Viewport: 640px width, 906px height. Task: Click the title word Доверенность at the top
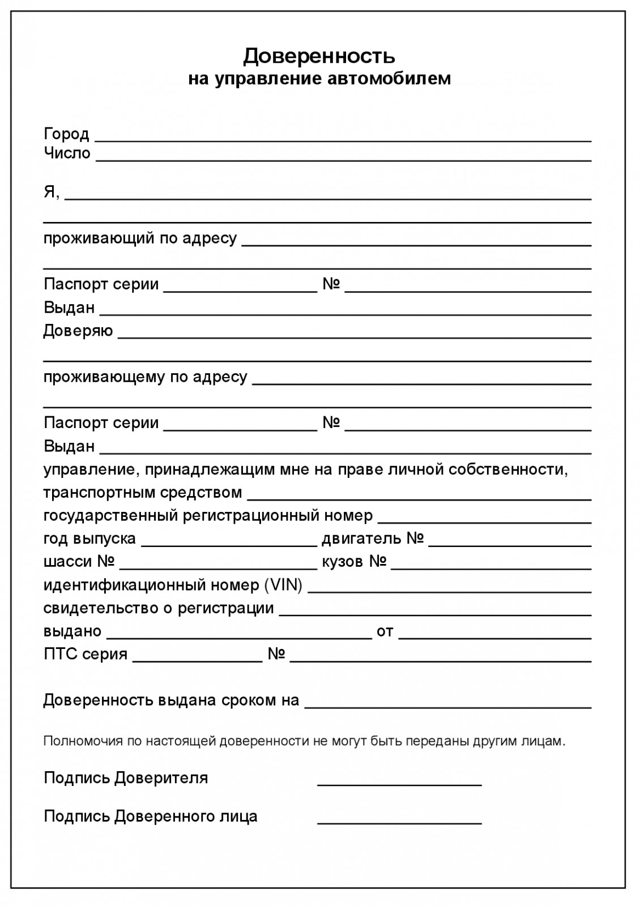[x=319, y=56]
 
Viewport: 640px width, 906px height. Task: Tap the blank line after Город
[x=343, y=139]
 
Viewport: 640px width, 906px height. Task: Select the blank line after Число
[x=343, y=159]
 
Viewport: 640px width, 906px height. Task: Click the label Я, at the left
[x=51, y=192]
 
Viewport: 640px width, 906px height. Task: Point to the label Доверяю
[x=78, y=331]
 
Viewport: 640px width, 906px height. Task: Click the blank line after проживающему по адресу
[x=421, y=383]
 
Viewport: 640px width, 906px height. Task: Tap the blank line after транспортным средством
[x=419, y=499]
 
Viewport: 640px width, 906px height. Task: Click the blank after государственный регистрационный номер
[x=484, y=522]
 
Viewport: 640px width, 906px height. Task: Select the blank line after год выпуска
[x=229, y=545]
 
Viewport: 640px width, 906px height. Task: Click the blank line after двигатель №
[x=510, y=545]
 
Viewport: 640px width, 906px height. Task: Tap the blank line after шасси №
[x=219, y=568]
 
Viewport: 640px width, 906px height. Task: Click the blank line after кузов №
[x=491, y=568]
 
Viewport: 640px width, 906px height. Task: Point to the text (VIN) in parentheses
[x=283, y=585]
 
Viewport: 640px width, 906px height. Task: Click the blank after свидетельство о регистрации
[x=436, y=614]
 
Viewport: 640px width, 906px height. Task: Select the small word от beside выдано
[x=385, y=631]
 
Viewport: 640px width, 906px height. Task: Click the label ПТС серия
[x=86, y=655]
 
